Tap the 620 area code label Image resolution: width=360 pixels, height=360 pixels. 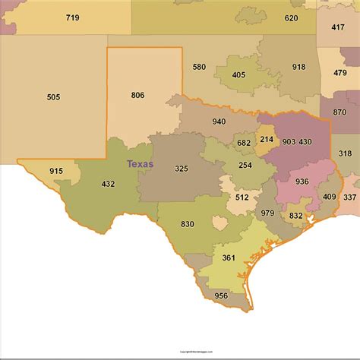(291, 17)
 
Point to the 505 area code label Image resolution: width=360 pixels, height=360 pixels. (53, 97)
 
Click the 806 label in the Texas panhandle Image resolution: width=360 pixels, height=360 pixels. (137, 95)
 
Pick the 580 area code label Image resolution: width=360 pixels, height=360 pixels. (199, 67)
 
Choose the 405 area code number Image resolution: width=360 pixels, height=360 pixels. (238, 75)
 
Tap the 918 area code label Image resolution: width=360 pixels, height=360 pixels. (298, 67)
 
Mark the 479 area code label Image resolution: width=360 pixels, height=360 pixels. (339, 73)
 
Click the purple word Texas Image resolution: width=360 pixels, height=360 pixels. (140, 163)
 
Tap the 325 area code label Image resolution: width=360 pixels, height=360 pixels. (182, 168)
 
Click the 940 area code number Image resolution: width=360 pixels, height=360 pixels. (219, 122)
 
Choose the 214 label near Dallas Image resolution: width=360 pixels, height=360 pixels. (267, 140)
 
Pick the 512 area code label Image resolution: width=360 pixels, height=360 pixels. (242, 197)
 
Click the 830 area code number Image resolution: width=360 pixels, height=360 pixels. (187, 224)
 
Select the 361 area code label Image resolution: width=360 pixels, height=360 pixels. (229, 258)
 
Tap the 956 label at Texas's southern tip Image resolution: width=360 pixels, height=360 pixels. (220, 295)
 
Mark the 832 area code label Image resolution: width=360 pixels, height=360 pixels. (296, 216)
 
